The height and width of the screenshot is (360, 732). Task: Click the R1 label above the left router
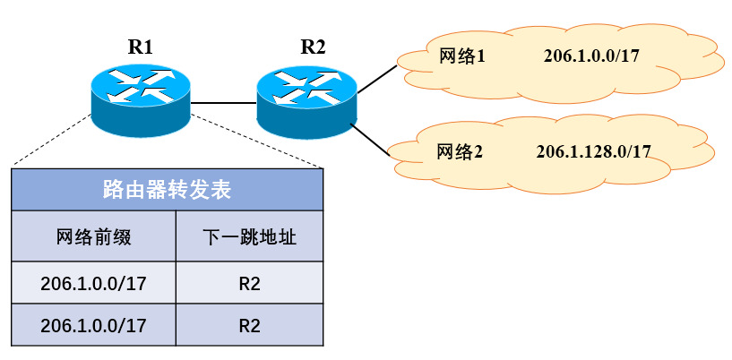141,48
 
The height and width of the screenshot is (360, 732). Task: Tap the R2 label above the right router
313,48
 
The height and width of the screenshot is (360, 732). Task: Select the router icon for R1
141,99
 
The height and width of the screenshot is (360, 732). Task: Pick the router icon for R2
306,99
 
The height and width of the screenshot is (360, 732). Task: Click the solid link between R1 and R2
223,103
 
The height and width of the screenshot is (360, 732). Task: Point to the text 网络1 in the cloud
462,56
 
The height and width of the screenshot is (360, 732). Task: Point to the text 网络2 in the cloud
460,151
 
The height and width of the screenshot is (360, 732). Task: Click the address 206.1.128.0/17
593,151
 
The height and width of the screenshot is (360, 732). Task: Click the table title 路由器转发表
167,190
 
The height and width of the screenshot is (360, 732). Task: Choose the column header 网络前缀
93,237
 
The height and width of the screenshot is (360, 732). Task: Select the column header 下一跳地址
249,237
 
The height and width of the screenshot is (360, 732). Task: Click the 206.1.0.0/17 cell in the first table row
93,283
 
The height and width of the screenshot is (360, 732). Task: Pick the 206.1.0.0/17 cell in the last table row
93,325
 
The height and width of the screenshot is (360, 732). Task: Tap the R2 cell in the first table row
249,283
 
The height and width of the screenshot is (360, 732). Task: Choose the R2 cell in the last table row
249,325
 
